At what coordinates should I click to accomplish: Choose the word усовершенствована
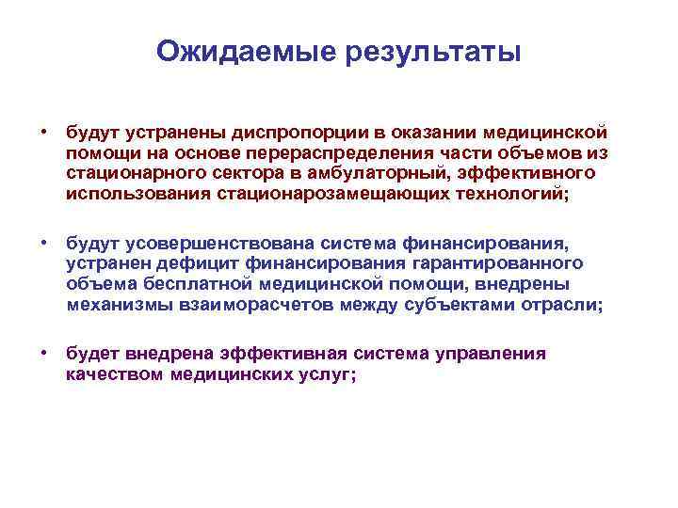click(249, 244)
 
